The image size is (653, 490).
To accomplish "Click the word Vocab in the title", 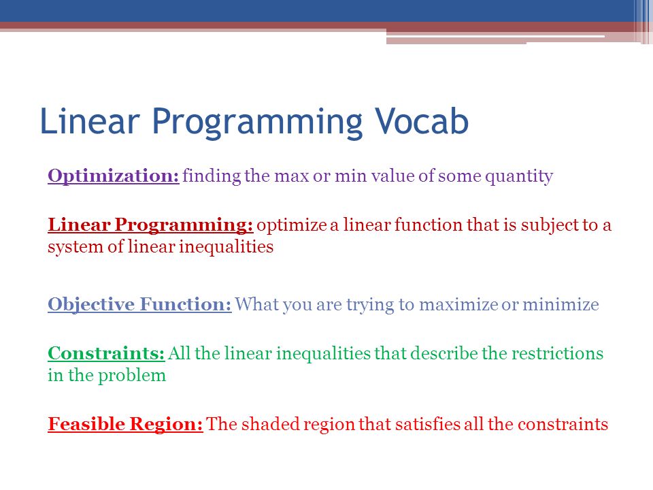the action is (422, 121).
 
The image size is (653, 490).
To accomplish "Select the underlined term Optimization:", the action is (114, 176).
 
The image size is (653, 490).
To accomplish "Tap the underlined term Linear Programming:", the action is (150, 225).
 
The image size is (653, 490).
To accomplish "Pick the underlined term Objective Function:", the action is (139, 305).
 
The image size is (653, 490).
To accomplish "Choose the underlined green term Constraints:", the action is (106, 353).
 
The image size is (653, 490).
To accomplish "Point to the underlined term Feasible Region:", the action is (125, 425).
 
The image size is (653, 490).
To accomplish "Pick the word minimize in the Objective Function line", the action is (560, 305).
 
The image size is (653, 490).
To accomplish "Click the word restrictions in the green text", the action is (557, 353).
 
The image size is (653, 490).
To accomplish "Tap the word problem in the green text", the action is (131, 376).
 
